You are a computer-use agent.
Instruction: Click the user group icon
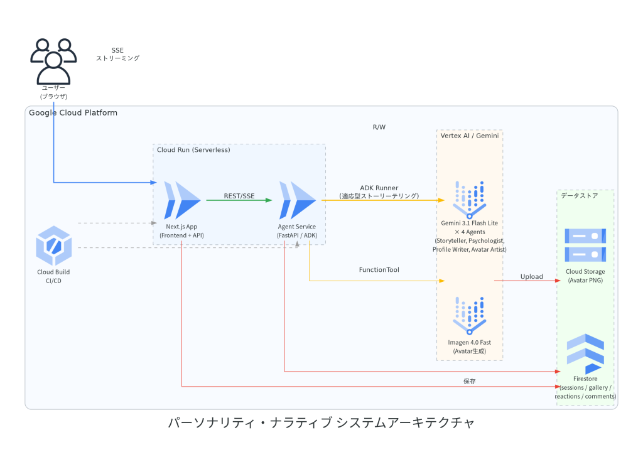(53, 62)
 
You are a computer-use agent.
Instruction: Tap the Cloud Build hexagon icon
(54, 245)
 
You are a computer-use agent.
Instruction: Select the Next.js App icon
(182, 200)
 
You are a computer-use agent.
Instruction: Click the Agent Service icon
(297, 200)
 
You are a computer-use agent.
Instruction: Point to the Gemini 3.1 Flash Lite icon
(470, 200)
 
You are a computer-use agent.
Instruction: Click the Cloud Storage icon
(585, 245)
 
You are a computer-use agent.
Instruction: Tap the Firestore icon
(585, 353)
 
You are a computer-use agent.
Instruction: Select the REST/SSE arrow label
(239, 196)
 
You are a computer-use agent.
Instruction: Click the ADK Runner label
(379, 188)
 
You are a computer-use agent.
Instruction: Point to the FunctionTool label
(379, 270)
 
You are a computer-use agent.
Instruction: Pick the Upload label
(531, 277)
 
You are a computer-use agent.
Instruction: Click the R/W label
(379, 127)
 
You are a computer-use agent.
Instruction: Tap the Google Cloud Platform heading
(73, 113)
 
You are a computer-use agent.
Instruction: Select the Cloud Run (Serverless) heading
(193, 150)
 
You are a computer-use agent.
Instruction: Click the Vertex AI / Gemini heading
(470, 136)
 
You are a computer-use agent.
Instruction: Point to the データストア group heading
(580, 195)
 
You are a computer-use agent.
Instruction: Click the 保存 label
(470, 381)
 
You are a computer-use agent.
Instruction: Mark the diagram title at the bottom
(321, 422)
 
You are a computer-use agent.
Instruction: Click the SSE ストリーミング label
(117, 54)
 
